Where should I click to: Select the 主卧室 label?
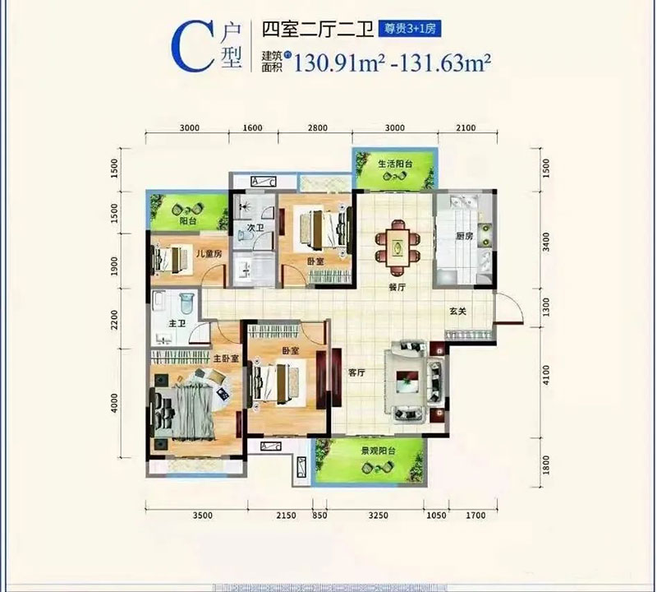coord(226,358)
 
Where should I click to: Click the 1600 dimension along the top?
coord(252,127)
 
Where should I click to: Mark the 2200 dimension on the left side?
coord(116,318)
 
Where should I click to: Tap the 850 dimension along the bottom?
coord(320,516)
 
